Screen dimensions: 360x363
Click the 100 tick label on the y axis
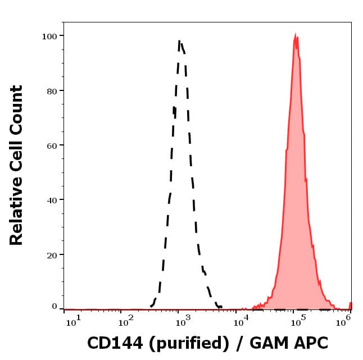[x=50, y=36]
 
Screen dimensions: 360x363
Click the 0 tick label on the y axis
[x=55, y=307]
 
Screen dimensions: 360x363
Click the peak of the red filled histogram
[x=296, y=35]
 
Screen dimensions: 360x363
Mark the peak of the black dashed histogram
[x=179, y=41]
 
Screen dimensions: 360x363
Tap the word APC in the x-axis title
[x=310, y=342]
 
